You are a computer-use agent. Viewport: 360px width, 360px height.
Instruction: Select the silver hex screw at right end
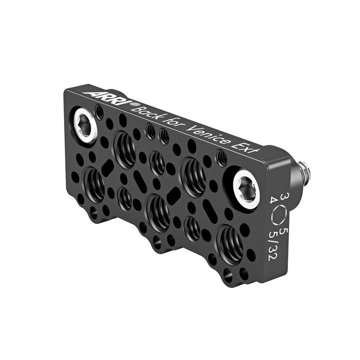246,188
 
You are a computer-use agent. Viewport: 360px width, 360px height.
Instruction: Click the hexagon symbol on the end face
278,216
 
